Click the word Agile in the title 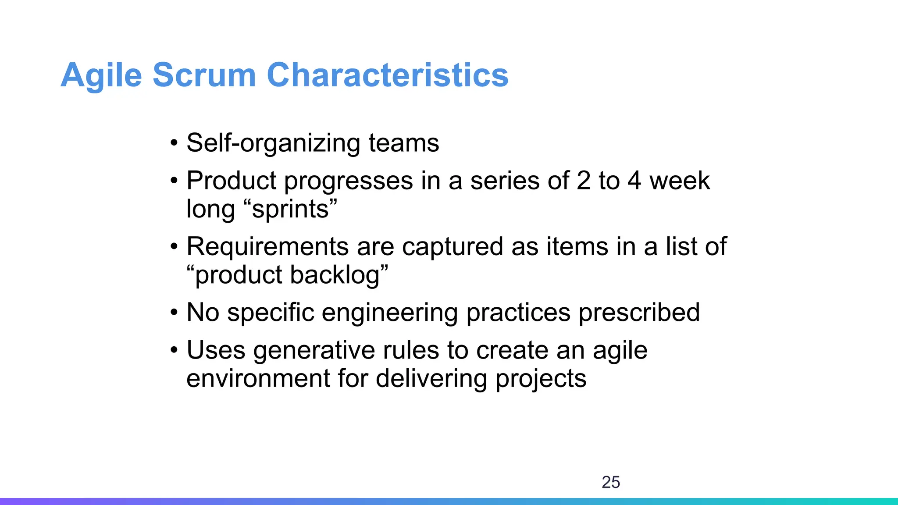[101, 75]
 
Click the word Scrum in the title [204, 75]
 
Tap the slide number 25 [611, 482]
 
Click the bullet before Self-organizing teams [174, 143]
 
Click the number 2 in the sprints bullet [584, 181]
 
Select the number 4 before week [634, 181]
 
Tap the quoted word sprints [290, 209]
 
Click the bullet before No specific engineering [174, 313]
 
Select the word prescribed [639, 313]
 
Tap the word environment [258, 379]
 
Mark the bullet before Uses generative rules [174, 351]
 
